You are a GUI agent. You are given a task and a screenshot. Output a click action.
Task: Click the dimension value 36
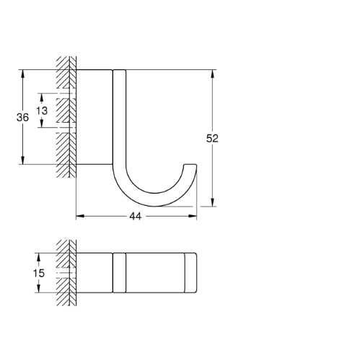[x=22, y=117]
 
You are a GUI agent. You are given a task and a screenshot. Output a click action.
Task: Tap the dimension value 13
[x=42, y=110]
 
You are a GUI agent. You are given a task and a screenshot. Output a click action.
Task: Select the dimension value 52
[x=212, y=139]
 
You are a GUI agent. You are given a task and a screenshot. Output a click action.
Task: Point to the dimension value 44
[x=136, y=217]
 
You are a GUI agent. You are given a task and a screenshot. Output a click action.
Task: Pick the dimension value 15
[x=39, y=273]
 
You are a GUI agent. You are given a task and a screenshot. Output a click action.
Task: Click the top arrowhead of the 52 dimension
[x=212, y=74]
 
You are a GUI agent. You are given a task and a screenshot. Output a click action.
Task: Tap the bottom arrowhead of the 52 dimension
[x=212, y=202]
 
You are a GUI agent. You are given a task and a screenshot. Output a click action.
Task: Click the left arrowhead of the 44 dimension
[x=80, y=216]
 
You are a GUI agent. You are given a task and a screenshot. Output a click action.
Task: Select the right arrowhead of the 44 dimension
[x=193, y=216]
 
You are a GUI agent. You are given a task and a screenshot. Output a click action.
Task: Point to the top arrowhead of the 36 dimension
[x=22, y=74]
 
